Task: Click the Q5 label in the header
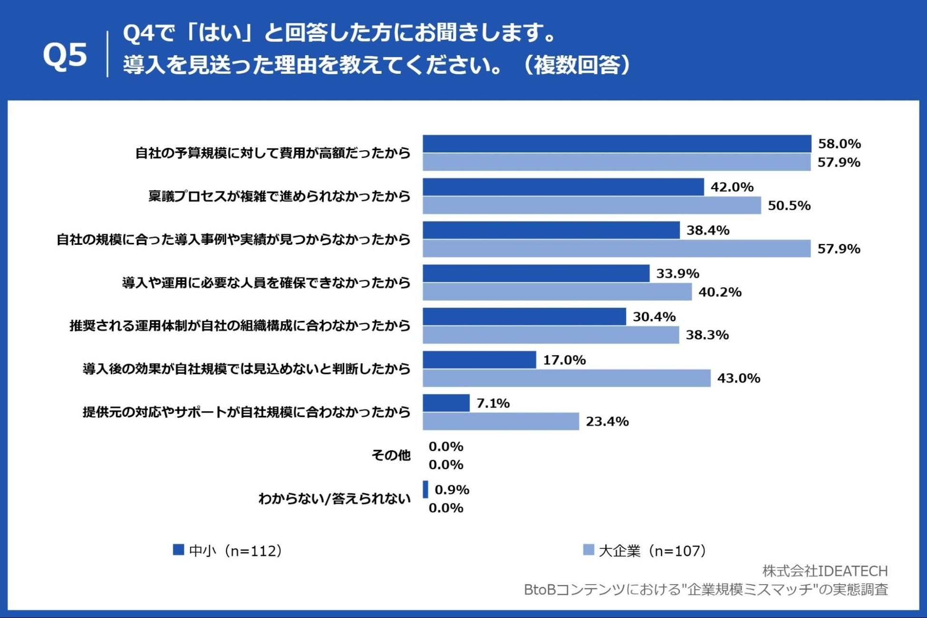(x=65, y=55)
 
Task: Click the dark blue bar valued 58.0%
(x=617, y=144)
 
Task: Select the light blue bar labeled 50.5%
(x=591, y=205)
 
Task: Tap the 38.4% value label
(x=707, y=231)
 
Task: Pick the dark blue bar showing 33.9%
(x=536, y=273)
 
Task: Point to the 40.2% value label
(x=719, y=292)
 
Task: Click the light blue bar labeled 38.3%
(x=550, y=335)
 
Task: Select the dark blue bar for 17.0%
(x=479, y=360)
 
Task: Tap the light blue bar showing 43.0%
(x=566, y=378)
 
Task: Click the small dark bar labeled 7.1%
(x=446, y=403)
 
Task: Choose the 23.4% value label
(x=607, y=422)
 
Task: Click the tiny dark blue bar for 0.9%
(x=425, y=490)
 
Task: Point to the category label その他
(x=390, y=455)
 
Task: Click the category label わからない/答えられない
(x=334, y=499)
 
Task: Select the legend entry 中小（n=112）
(x=228, y=550)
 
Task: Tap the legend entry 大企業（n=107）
(x=645, y=550)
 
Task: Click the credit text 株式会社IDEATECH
(x=824, y=570)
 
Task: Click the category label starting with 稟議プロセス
(x=279, y=196)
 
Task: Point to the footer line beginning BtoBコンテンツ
(x=705, y=589)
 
